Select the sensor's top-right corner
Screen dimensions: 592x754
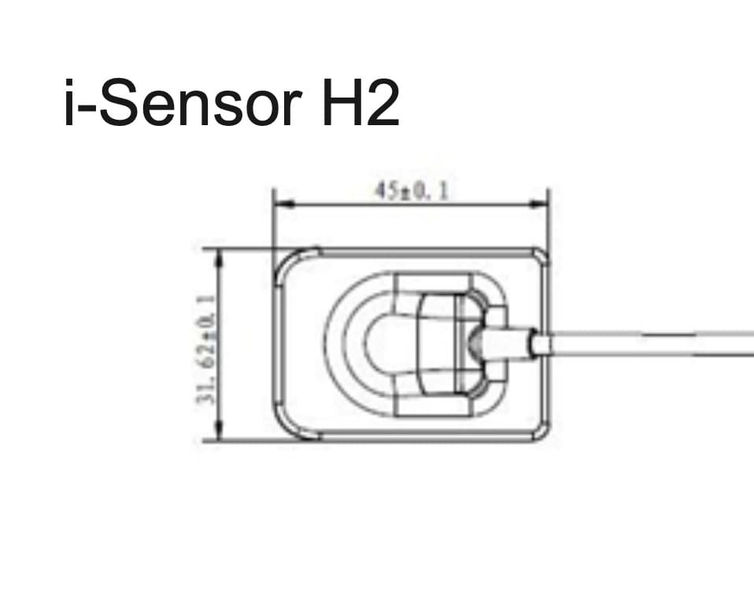[541, 256]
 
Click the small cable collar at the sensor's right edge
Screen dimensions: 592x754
[541, 345]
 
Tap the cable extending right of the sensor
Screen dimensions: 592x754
[653, 344]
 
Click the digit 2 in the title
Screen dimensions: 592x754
[379, 103]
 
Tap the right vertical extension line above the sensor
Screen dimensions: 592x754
[549, 220]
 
